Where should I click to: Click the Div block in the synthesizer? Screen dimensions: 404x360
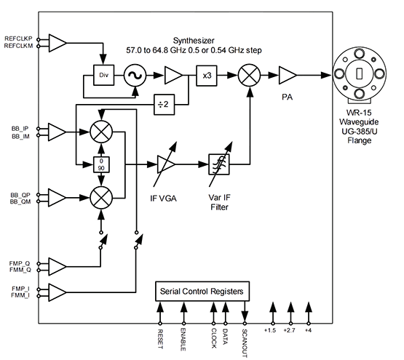(103, 75)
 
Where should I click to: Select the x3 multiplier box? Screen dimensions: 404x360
(207, 76)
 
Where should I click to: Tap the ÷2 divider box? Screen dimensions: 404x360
(164, 105)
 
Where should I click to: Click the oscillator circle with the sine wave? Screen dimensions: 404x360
(135, 76)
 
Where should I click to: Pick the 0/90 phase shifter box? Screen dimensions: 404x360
(101, 164)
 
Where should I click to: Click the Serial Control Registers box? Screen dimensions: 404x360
(202, 291)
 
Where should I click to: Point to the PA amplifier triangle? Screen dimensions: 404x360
(287, 75)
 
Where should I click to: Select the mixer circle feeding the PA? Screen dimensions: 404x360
(249, 75)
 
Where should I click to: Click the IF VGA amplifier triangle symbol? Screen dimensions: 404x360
(166, 164)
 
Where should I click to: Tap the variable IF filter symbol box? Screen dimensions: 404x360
(219, 164)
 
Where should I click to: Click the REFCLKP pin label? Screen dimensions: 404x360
(18, 39)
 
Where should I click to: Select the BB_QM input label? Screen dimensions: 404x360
(20, 201)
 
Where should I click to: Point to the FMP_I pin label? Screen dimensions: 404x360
(20, 289)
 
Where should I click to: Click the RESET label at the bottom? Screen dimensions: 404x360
(160, 339)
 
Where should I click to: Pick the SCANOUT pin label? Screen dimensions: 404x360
(245, 343)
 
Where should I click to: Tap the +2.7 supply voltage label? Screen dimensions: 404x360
(289, 330)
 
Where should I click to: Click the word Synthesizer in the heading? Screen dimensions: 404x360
(194, 41)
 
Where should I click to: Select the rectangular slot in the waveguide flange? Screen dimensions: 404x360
(359, 73)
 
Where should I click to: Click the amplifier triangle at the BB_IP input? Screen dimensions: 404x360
(57, 132)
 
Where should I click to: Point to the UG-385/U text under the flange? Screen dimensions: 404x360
(359, 132)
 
